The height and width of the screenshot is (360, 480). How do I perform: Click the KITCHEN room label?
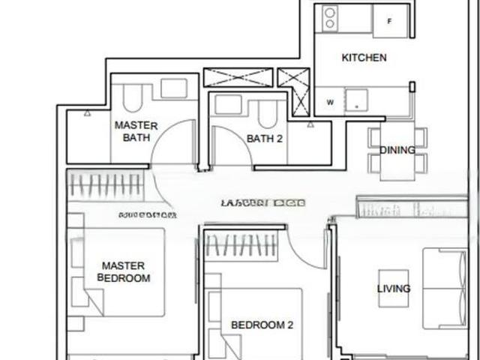coord(364,58)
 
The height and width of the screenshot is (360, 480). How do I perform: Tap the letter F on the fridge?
coord(388,21)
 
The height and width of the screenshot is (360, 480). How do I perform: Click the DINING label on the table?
coord(397,150)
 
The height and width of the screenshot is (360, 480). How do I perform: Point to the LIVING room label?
coord(394,289)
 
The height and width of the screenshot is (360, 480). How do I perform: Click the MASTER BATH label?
coord(136,131)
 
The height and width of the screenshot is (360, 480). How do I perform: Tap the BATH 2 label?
coord(264,138)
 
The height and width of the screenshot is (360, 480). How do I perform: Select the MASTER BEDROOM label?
coord(124,271)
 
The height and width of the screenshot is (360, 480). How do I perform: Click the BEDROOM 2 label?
coord(262,325)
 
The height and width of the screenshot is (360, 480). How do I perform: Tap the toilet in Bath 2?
coord(267,112)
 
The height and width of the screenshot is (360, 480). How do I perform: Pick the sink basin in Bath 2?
coord(228,103)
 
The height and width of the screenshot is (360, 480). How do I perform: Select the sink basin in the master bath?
coord(173,88)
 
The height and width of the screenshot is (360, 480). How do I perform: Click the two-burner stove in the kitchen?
coord(330,19)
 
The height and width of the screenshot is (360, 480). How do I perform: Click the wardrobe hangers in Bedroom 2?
coord(241,246)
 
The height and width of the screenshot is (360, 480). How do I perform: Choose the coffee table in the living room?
coord(394,288)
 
